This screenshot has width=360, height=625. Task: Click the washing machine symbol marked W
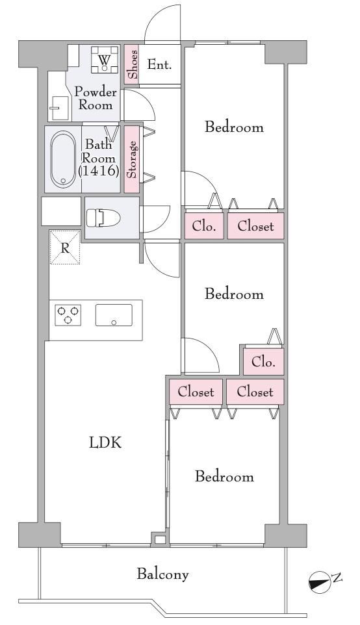tap(105, 60)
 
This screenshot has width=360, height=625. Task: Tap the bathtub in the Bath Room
tap(63, 159)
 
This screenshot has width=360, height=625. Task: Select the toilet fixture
tap(103, 218)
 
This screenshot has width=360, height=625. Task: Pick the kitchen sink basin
tap(114, 315)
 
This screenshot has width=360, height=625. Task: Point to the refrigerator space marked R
tap(65, 247)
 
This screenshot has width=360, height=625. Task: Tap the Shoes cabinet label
tap(133, 64)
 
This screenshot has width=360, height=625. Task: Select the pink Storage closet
tap(132, 159)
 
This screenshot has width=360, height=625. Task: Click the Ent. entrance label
tap(159, 64)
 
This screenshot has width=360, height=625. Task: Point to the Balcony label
tap(162, 574)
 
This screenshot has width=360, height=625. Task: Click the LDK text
tap(105, 443)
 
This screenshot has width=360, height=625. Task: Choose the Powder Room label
tap(96, 98)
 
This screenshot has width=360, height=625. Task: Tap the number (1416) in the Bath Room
tap(99, 171)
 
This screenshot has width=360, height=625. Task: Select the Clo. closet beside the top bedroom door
tap(204, 226)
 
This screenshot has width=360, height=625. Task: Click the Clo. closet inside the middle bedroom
tap(264, 362)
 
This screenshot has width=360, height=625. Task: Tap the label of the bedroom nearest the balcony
tap(224, 477)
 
